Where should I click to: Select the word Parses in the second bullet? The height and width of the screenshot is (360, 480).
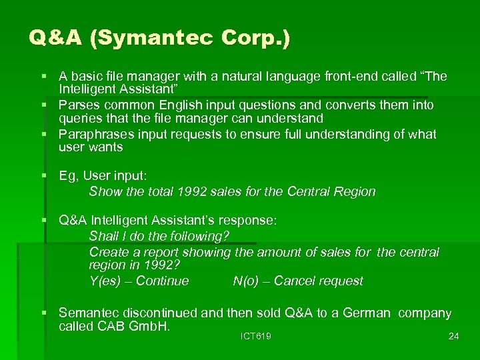[x=77, y=105]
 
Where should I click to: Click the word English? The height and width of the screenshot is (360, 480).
[x=184, y=105]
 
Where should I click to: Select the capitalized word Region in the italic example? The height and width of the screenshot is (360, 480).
[x=356, y=192]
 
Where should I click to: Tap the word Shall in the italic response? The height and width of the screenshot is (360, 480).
[x=103, y=237]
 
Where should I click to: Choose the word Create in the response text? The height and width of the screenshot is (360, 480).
[x=108, y=252]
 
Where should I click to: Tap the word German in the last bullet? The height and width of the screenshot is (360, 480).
[x=368, y=313]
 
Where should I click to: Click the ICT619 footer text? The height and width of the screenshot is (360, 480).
[x=255, y=337]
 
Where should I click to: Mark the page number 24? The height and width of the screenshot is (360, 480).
[x=453, y=337]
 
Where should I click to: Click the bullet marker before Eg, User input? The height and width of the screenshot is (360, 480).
[x=44, y=176]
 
